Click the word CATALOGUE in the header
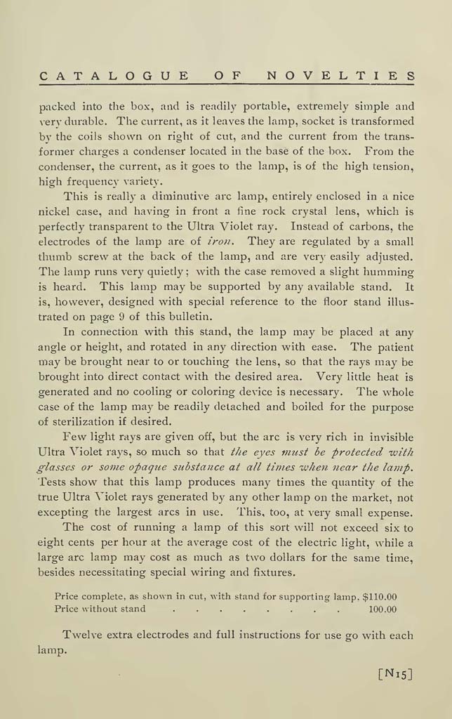[113, 76]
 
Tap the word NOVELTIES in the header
[341, 76]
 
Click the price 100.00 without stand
[383, 609]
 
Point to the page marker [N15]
[395, 674]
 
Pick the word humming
[387, 271]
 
